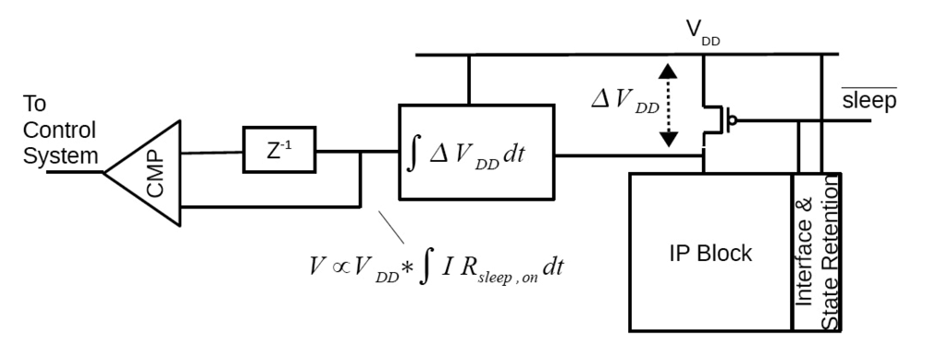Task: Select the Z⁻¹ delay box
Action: point(278,150)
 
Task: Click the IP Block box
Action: point(710,252)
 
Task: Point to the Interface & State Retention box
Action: point(817,252)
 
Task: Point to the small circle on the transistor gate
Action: point(733,118)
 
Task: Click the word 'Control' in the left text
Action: point(60,130)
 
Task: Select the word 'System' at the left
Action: point(60,156)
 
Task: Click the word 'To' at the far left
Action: point(36,104)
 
